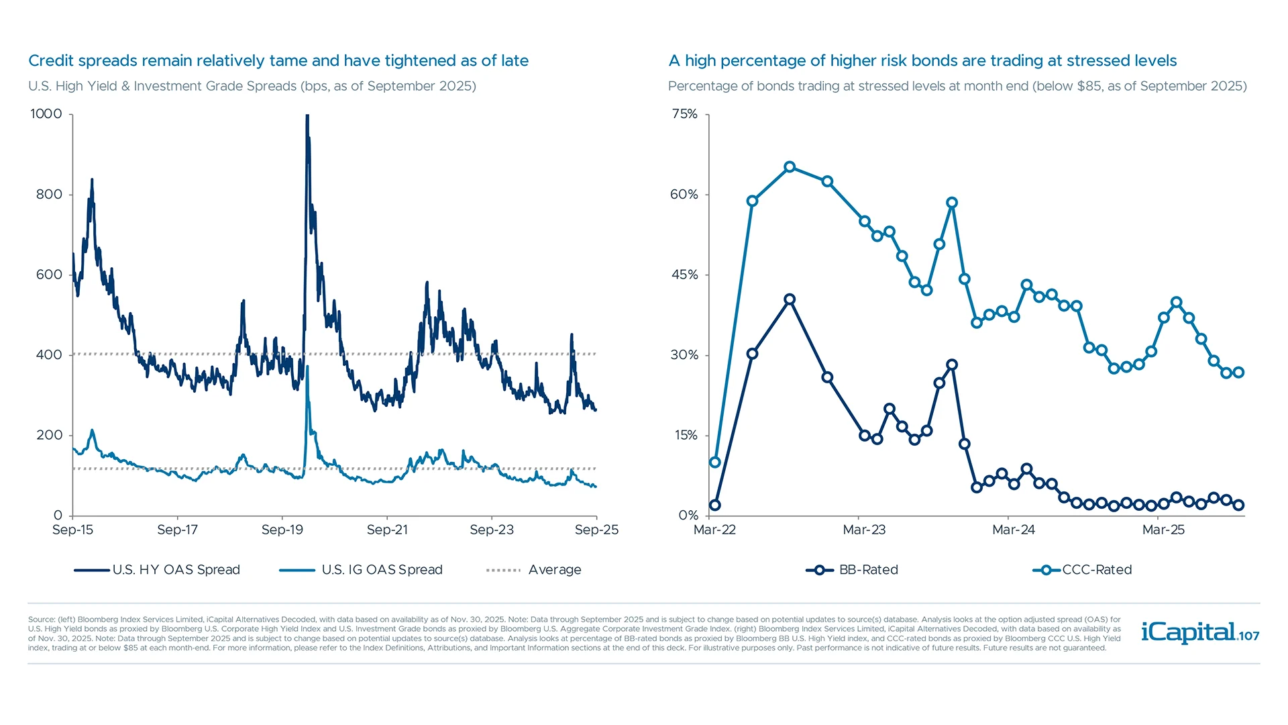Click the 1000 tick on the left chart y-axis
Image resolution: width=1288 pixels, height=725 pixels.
point(46,114)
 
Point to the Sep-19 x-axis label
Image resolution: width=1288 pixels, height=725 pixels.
point(282,530)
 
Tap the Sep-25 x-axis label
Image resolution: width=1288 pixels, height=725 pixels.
point(596,530)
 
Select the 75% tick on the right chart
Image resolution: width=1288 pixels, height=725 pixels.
point(684,114)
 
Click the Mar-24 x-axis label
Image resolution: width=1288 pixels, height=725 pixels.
point(1013,530)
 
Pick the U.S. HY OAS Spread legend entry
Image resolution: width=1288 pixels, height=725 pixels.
point(158,570)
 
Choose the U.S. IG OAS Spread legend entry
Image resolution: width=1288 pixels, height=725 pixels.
point(362,570)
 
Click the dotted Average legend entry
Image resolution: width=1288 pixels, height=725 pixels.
point(534,570)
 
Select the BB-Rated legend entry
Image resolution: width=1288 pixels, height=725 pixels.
point(852,570)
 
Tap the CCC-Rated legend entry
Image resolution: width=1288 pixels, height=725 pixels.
point(1082,570)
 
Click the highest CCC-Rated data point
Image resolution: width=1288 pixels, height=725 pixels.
point(790,167)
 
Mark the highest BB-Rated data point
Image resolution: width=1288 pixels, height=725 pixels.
point(790,299)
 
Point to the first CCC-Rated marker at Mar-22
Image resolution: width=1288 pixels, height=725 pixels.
point(715,463)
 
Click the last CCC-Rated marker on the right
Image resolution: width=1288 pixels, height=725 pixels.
point(1238,373)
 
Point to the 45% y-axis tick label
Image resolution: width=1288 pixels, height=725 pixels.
point(684,275)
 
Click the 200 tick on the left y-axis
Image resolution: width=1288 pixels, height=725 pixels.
point(49,435)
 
